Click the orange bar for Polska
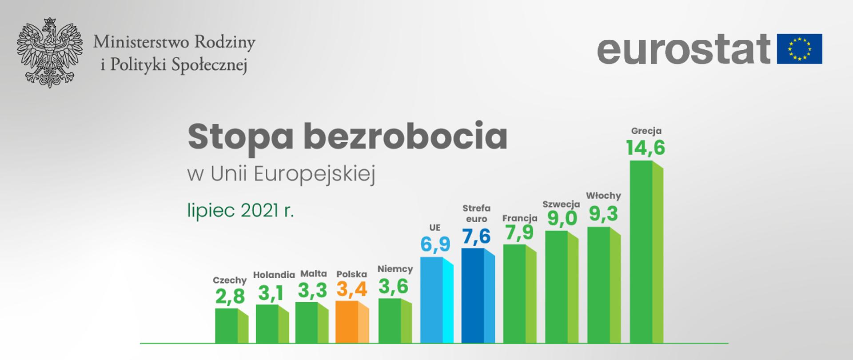[x=352, y=322]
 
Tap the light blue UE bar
[x=436, y=300]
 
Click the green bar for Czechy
[x=231, y=325]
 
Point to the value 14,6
[x=646, y=148]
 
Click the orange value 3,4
[x=352, y=290]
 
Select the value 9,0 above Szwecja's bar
[x=562, y=218]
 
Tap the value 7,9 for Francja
[x=519, y=232]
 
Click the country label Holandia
[x=274, y=275]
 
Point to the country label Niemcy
[x=395, y=269]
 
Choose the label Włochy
[x=603, y=196]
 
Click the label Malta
[x=313, y=274]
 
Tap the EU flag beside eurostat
[x=799, y=48]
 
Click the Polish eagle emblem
[x=50, y=52]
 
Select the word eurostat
[x=684, y=48]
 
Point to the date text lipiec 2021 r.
[x=241, y=210]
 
